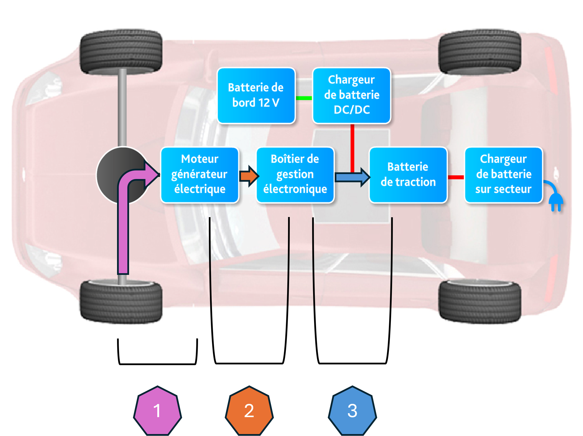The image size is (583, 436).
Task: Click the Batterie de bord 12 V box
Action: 256,95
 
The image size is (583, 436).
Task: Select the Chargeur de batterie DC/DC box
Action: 352,95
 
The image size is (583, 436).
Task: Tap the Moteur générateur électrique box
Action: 200,175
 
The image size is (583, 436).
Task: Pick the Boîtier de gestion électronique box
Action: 295,175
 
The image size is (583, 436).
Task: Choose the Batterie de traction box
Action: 408,175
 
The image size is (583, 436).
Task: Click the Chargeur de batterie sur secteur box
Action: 503,175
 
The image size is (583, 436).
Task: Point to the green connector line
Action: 304,98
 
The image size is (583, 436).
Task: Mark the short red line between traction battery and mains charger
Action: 456,177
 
